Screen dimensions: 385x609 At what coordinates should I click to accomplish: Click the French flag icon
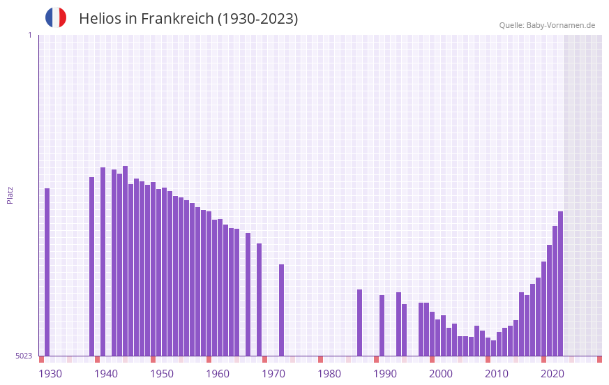(56, 17)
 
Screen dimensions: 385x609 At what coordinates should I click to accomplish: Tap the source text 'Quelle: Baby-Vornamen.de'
(547, 25)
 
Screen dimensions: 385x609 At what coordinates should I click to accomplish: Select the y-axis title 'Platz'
(10, 195)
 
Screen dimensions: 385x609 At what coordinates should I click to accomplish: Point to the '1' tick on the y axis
(29, 35)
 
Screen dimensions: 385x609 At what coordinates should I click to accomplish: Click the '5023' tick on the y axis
(24, 356)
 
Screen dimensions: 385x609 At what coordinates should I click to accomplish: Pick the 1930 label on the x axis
(50, 374)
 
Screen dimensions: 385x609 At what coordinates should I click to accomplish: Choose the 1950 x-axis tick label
(162, 374)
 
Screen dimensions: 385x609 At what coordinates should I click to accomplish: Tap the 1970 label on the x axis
(273, 374)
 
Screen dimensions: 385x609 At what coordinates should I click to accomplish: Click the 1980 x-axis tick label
(329, 374)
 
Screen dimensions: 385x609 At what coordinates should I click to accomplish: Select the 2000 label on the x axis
(441, 374)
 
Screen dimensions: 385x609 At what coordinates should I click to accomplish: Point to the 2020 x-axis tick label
(552, 374)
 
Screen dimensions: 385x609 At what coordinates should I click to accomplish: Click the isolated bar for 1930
(47, 272)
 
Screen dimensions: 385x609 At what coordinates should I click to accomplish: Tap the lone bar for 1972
(282, 310)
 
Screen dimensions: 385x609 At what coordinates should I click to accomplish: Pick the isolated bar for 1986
(360, 323)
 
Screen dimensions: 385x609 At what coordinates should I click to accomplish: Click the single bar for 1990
(382, 326)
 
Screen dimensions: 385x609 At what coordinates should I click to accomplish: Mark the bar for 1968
(260, 300)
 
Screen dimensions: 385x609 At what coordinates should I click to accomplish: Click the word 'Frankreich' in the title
(177, 19)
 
